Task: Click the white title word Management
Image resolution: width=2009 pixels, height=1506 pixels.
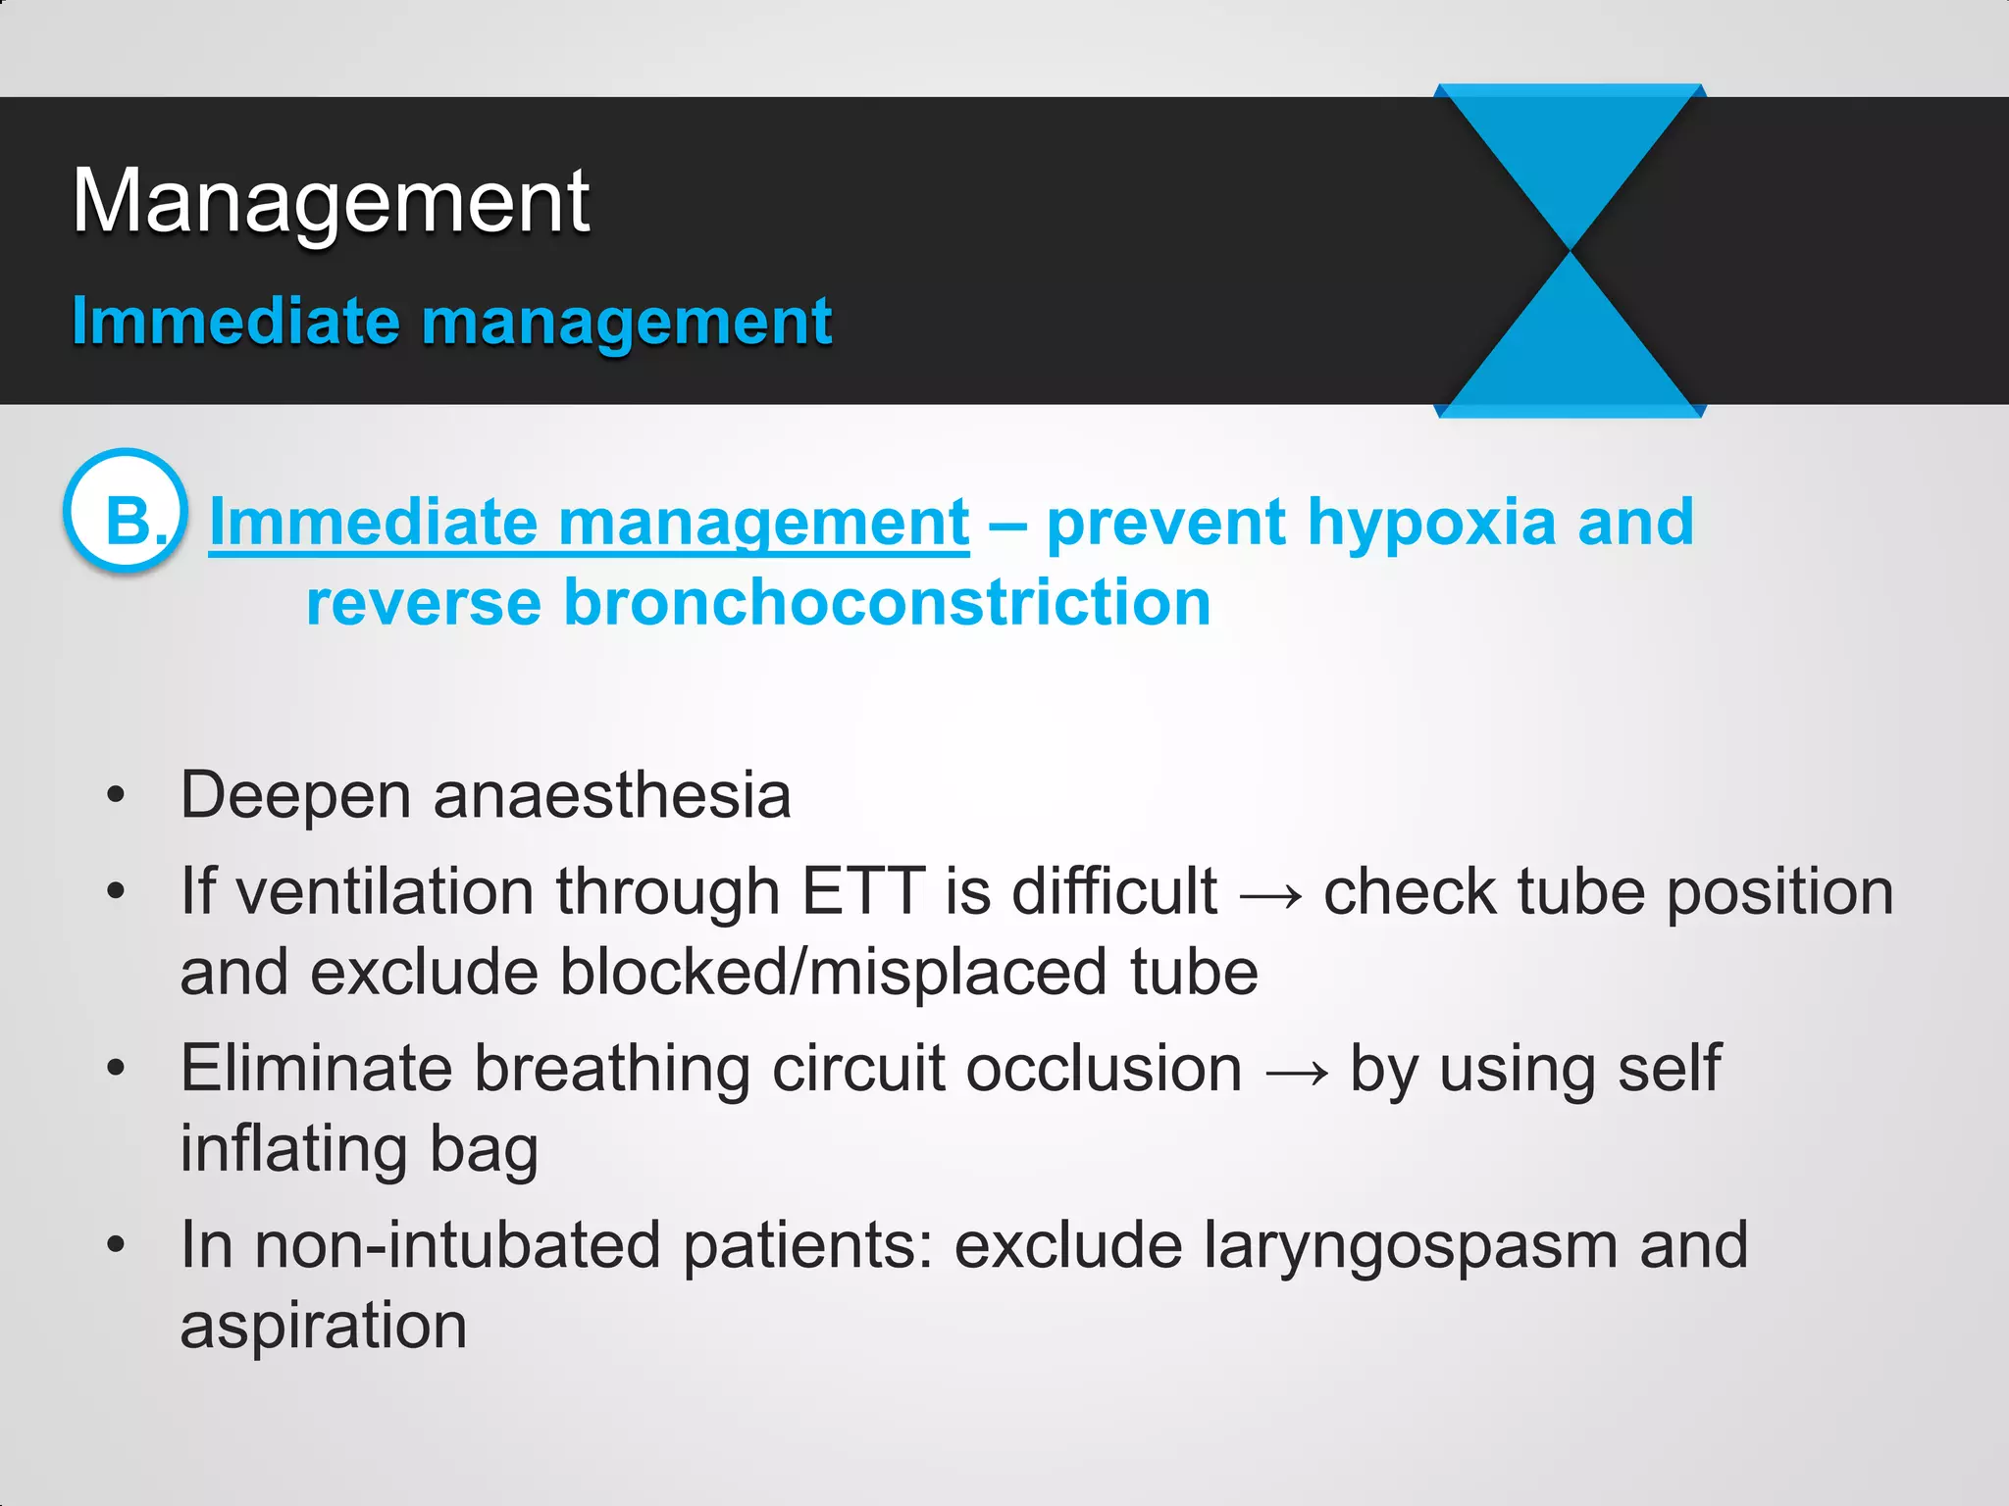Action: point(331,202)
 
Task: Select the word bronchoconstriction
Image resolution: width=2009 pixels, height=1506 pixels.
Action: point(887,602)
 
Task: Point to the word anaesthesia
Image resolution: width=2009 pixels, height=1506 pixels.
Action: point(612,795)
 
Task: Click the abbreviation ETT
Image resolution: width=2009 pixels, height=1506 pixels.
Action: point(863,892)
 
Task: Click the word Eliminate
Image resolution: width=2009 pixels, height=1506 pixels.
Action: point(316,1069)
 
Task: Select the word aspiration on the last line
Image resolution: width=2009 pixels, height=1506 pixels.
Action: point(324,1327)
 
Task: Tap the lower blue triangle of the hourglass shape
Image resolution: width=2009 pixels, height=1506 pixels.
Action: point(1571,353)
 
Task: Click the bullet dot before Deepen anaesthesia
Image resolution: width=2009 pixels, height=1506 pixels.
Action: point(116,795)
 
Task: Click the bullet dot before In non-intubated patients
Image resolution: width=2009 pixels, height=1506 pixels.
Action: point(116,1245)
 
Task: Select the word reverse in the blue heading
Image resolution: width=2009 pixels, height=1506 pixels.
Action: point(424,602)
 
